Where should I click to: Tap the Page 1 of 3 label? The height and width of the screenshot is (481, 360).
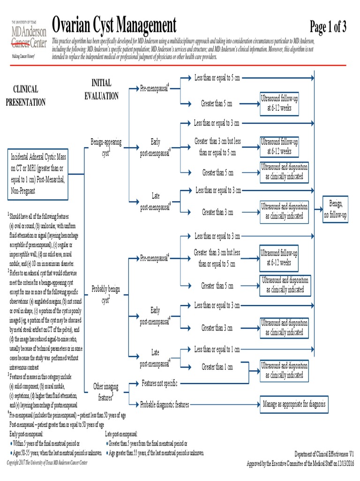pyautogui.click(x=328, y=28)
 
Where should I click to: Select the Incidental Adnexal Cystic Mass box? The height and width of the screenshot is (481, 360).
pyautogui.click(x=38, y=172)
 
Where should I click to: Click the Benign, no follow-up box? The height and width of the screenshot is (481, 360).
pyautogui.click(x=338, y=209)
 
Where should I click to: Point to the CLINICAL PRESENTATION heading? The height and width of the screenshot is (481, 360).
pyautogui.click(x=25, y=95)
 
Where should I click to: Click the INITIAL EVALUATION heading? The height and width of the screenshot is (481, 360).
pyautogui.click(x=101, y=89)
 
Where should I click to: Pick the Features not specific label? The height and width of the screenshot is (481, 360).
pyautogui.click(x=159, y=384)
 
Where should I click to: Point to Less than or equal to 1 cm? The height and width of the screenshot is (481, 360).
pyautogui.click(x=217, y=349)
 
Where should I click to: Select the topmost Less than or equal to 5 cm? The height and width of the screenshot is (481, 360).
pyautogui.click(x=217, y=78)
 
